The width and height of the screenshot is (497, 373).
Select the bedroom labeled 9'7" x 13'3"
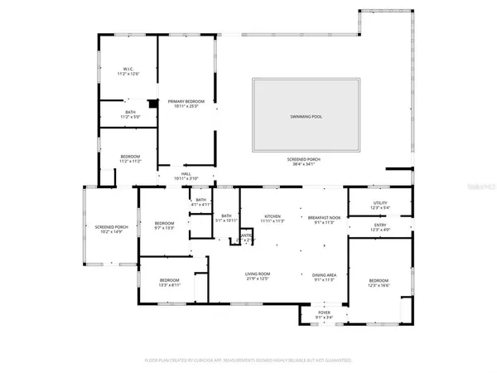pos(164,225)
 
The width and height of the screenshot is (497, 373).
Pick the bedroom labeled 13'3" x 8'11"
pos(170,282)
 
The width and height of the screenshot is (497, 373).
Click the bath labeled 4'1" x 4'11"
pos(200,202)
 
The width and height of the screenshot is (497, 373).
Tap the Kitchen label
pos(273,217)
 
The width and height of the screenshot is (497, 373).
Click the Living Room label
pos(258,278)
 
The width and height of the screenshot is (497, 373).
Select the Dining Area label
pos(323,278)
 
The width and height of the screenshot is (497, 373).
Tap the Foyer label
pos(324,315)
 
